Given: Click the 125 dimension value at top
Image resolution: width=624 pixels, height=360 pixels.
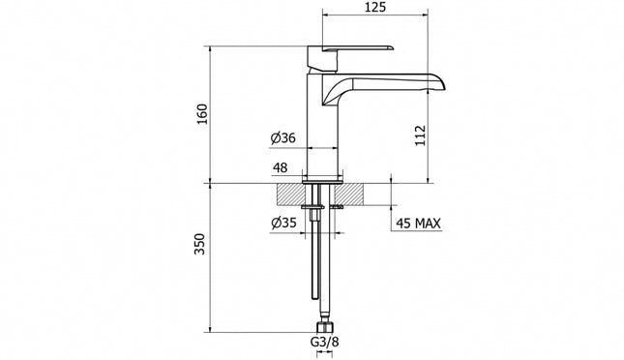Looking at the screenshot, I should pyautogui.click(x=377, y=9).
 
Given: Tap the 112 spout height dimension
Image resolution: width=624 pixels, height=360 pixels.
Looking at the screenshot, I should pyautogui.click(x=420, y=135).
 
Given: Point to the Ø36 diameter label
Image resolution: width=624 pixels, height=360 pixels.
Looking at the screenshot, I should pyautogui.click(x=282, y=138).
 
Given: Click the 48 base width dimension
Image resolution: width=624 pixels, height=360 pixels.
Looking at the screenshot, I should pyautogui.click(x=281, y=168).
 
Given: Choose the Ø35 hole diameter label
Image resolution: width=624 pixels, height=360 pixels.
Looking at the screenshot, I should pyautogui.click(x=283, y=224).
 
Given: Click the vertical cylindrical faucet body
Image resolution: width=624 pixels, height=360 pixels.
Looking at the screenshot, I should pyautogui.click(x=324, y=126).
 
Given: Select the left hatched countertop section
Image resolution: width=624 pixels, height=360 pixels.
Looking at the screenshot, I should pyautogui.click(x=290, y=194).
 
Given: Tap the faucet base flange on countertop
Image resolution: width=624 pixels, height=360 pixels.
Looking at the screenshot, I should pyautogui.click(x=322, y=180).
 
